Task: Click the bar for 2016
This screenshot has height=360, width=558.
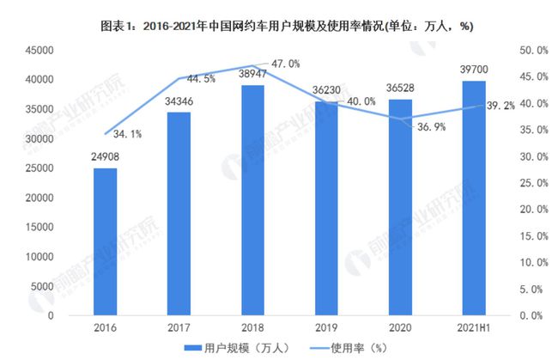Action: pos(105,241)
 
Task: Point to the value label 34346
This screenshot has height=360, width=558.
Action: pos(179,103)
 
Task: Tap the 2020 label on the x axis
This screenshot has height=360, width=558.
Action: pos(399,328)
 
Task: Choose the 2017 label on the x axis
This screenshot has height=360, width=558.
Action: pos(179,328)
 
